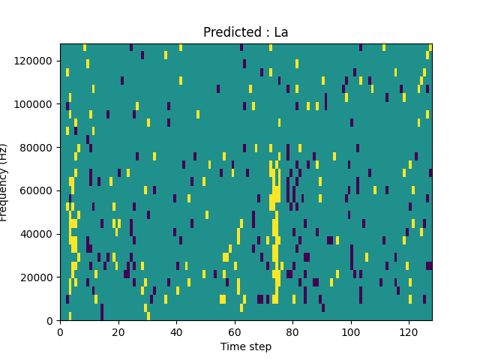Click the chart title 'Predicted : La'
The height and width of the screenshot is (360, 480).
pyautogui.click(x=246, y=32)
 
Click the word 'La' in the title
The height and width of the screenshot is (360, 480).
pyautogui.click(x=280, y=32)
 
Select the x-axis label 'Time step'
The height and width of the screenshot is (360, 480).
pyautogui.click(x=246, y=346)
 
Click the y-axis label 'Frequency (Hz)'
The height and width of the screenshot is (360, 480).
pyautogui.click(x=4, y=182)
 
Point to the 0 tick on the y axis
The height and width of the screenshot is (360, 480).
pyautogui.click(x=49, y=320)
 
